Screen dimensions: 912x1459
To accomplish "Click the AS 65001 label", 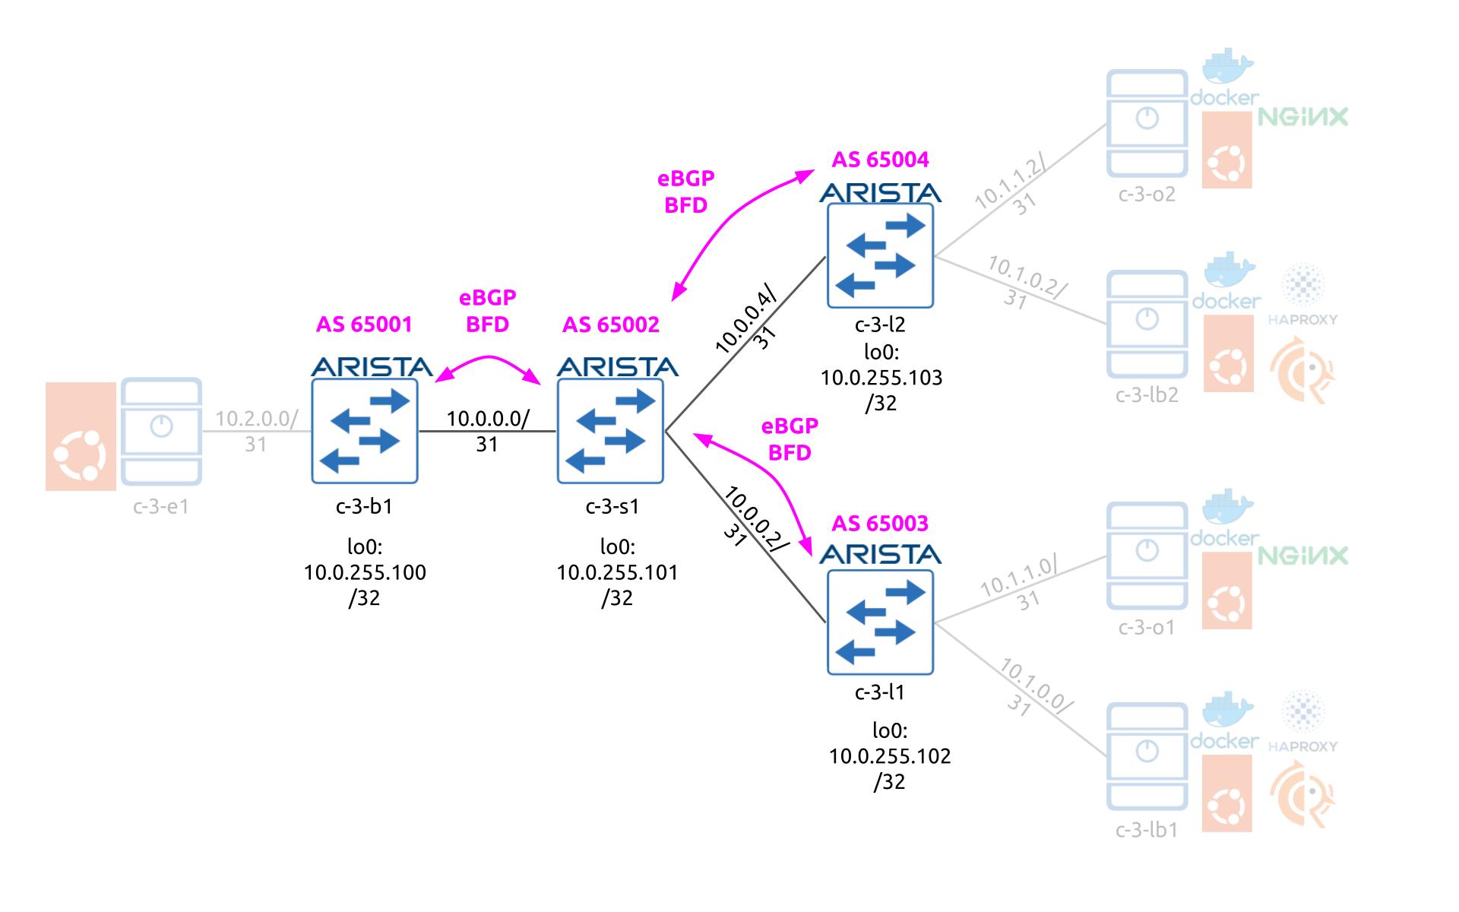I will click(364, 325).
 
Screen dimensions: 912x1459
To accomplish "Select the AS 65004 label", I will click(880, 160).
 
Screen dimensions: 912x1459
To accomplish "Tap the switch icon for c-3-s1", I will click(610, 431).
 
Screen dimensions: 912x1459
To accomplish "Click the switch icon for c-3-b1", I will click(364, 431).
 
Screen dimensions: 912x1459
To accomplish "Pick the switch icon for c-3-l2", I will click(880, 255).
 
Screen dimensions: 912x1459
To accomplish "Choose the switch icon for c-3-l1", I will click(880, 622).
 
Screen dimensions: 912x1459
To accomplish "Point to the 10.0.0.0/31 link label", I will click(487, 431).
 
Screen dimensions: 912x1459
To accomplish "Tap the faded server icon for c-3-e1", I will click(161, 431).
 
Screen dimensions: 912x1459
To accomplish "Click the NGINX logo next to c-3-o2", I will click(1302, 117).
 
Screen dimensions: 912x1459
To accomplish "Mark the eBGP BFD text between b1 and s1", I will click(487, 311).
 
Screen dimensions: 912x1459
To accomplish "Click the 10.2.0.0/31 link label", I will click(256, 431).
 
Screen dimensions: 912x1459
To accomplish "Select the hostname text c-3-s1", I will click(612, 506).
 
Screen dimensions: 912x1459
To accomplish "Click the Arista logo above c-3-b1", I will click(372, 367).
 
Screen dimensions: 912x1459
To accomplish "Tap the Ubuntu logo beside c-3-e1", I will click(81, 436).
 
